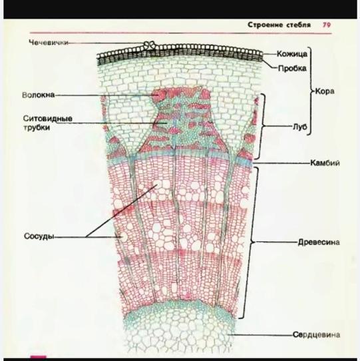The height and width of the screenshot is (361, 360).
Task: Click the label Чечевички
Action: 49,43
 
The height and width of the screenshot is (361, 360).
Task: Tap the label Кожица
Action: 292,54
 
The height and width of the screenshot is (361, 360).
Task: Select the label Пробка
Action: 292,69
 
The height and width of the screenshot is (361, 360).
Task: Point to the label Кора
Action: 325,91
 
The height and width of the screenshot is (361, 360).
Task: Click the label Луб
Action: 299,127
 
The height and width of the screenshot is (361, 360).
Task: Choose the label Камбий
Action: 325,163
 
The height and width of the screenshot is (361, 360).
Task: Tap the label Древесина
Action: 319,242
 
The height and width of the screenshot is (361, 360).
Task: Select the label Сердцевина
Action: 316,334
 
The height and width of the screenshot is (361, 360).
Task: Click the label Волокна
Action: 39,95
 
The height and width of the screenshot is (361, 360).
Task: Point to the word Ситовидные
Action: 48,119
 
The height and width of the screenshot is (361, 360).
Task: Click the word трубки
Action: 37,127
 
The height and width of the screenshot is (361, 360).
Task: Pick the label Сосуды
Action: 39,236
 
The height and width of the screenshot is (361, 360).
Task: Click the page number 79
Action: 327,25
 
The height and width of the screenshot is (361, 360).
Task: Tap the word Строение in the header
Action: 265,25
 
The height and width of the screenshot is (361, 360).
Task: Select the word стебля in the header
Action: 298,25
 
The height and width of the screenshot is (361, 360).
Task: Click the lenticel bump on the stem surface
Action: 150,45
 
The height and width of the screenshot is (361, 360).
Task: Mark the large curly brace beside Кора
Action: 311,91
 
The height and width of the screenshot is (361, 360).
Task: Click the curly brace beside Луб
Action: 262,126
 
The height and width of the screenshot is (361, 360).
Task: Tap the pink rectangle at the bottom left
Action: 38,357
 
